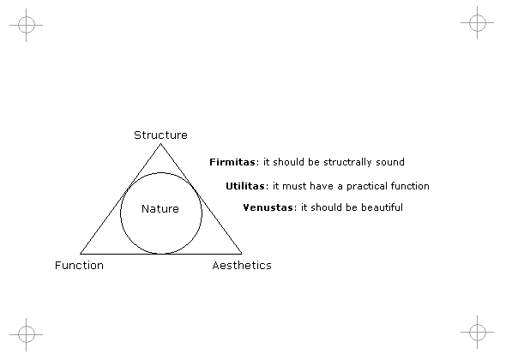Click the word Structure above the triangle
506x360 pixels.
(160, 135)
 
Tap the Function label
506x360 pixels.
(80, 265)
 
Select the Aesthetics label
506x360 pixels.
(242, 265)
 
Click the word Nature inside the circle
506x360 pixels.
(160, 208)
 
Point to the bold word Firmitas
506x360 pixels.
(232, 162)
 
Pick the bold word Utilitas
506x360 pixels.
(245, 186)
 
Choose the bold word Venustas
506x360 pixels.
(268, 207)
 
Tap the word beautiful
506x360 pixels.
(383, 207)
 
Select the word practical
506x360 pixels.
(366, 187)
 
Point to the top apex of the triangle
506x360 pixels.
(160, 144)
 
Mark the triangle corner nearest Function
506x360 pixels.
(80, 254)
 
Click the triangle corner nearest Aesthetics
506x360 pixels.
(242, 254)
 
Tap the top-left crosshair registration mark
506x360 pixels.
(26, 25)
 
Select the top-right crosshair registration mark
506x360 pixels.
(478, 22)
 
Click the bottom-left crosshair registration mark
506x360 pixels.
(26, 334)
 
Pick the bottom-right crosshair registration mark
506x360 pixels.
(478, 332)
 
